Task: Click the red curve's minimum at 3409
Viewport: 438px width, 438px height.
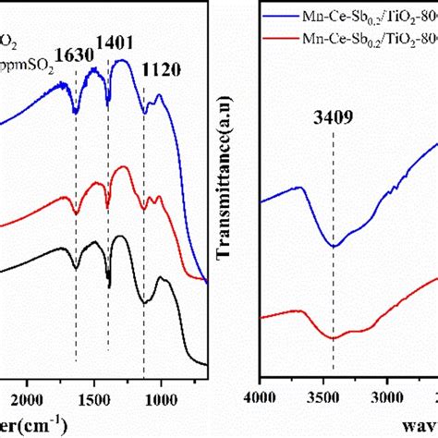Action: point(334,337)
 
